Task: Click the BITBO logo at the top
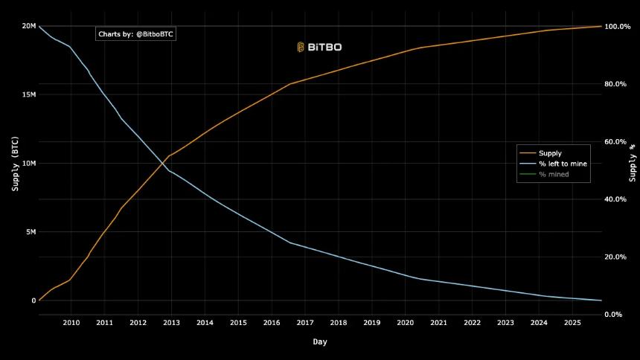click(x=319, y=47)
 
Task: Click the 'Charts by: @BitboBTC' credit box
click(x=136, y=34)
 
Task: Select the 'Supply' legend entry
click(x=551, y=153)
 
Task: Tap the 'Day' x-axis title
click(x=319, y=342)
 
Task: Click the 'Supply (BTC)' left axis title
click(x=15, y=163)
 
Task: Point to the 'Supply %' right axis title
click(x=633, y=163)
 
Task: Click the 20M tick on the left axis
click(x=28, y=26)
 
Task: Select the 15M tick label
click(x=28, y=94)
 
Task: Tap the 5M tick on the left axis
click(x=31, y=232)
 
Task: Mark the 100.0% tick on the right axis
click(x=617, y=26)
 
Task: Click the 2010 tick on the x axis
click(x=71, y=323)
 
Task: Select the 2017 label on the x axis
click(x=305, y=323)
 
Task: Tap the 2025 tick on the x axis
click(x=572, y=323)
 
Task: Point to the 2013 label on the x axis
click(x=171, y=323)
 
